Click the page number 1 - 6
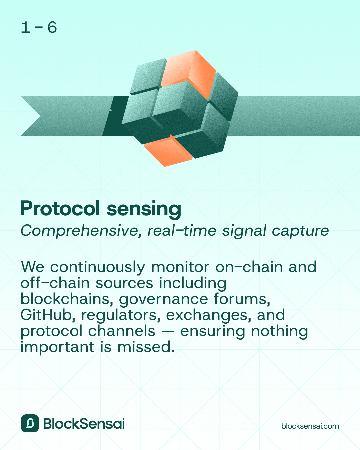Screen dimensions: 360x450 click(39, 28)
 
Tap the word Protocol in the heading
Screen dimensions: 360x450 click(60, 208)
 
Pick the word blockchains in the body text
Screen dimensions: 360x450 click(65, 299)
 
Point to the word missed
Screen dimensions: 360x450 click(146, 347)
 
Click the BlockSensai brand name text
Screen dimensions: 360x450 click(84, 423)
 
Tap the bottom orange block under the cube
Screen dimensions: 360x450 click(168, 151)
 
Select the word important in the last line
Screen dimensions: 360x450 click(57, 347)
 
